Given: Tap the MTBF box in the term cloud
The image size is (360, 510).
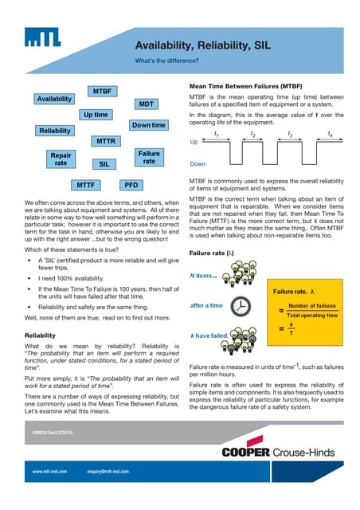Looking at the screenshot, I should (x=101, y=90).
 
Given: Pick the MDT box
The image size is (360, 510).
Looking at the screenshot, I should (x=146, y=104).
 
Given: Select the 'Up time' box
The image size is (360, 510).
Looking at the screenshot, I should (x=96, y=115).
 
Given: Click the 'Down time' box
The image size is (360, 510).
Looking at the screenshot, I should (x=149, y=125).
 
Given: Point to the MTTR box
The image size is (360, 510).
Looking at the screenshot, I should (x=106, y=140).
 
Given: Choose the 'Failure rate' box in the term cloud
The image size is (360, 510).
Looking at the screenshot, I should (x=149, y=157).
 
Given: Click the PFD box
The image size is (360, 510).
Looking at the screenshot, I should (x=131, y=184).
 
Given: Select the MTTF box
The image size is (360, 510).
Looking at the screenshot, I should (x=85, y=184).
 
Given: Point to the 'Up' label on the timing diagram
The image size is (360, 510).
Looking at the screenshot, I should (x=194, y=142).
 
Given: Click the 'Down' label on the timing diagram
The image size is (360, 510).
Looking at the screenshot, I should (x=197, y=164).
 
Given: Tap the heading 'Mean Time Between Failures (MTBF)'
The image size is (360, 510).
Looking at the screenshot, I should (x=245, y=85).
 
